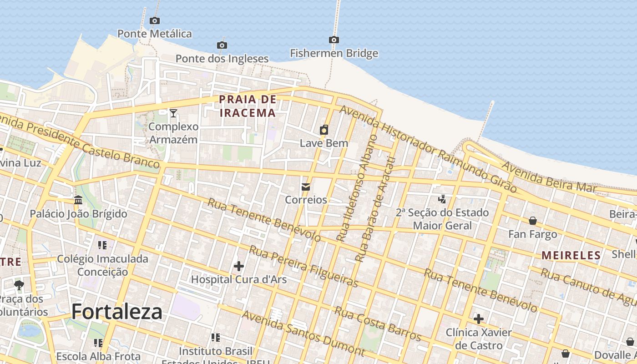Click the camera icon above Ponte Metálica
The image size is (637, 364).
point(155,20)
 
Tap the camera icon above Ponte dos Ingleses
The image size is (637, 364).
point(222,45)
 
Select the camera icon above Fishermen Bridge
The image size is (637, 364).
point(334,40)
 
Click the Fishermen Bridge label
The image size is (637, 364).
point(334,53)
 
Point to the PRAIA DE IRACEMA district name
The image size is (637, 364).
point(248,106)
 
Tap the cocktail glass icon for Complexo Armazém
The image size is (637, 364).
point(173,113)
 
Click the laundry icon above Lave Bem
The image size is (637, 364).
point(324,130)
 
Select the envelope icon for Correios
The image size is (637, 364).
point(306,187)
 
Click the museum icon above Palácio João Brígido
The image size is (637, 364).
point(78,200)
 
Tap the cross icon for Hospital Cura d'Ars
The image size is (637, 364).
point(238,266)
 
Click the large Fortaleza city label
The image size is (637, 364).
point(117,312)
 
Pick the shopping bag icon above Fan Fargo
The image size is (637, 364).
point(533,221)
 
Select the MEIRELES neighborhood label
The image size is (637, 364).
point(571,255)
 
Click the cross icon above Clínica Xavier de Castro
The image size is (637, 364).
point(479,318)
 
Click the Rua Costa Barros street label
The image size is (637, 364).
point(378,324)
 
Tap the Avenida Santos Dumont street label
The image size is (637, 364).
point(303,334)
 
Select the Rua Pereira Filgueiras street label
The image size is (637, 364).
point(303,267)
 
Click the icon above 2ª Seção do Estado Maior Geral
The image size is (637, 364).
point(442,199)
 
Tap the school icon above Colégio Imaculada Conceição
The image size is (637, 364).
point(102,246)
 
